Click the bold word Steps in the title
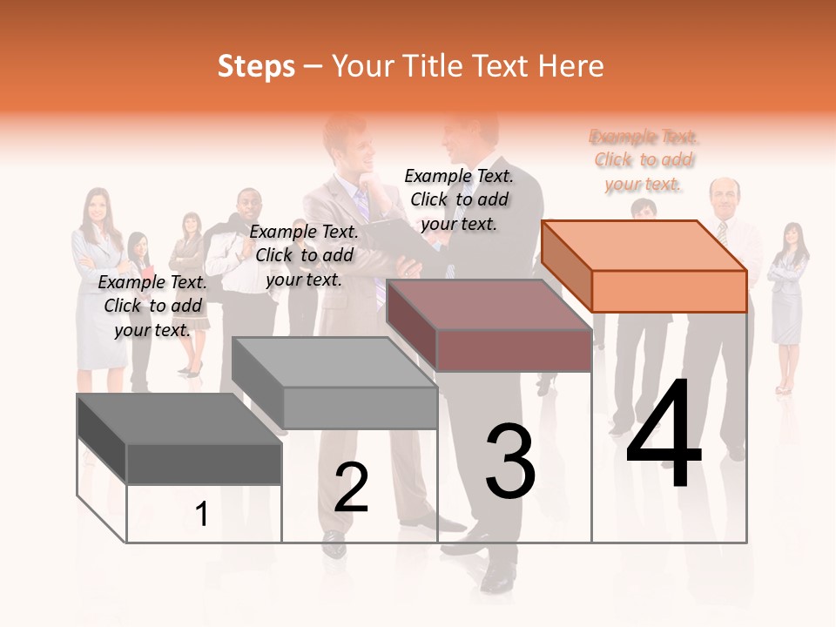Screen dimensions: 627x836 coord(256,66)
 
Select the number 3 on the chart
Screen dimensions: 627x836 coord(510,462)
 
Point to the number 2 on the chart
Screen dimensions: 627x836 coord(351,487)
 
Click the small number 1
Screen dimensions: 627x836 coord(202,515)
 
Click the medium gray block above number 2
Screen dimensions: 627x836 coord(334,382)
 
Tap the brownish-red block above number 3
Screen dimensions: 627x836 coord(488,324)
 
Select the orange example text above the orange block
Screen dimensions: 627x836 coord(644,160)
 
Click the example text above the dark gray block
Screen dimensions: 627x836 coord(152,306)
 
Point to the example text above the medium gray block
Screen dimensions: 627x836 coord(304,255)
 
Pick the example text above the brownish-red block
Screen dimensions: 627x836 coord(459,199)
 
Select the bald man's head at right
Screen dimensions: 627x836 coord(724,195)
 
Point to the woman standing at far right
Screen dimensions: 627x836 coord(788,305)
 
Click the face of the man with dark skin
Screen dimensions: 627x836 coord(249,208)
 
